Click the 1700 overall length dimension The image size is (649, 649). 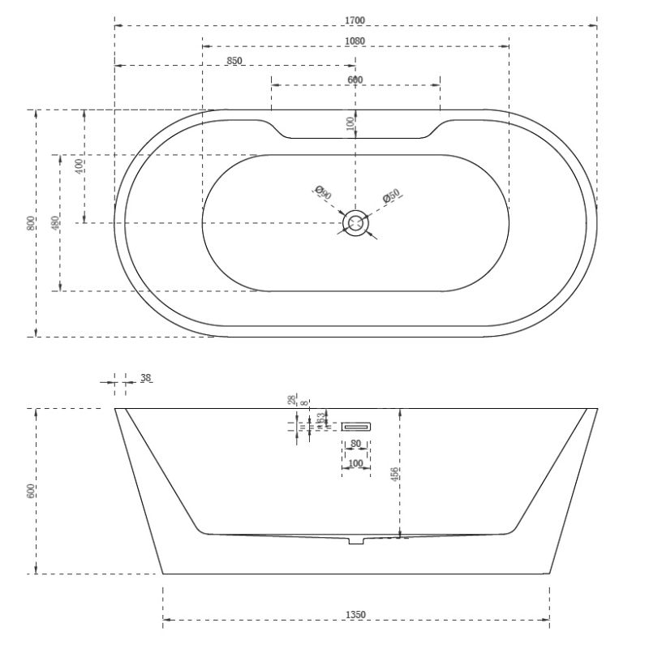(x=355, y=20)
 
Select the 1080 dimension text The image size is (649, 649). (x=355, y=41)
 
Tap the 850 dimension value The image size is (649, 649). (x=234, y=61)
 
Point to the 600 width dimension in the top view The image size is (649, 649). (x=355, y=80)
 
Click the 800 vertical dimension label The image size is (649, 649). (x=30, y=223)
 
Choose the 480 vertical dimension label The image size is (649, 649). (x=54, y=223)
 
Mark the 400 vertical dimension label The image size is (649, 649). (x=79, y=165)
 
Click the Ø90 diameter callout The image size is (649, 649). (x=321, y=193)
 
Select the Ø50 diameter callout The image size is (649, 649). (x=391, y=196)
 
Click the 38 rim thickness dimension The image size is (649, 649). (x=146, y=377)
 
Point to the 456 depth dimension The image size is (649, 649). (x=395, y=475)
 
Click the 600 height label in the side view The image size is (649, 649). (x=30, y=491)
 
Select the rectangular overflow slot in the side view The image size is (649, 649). (x=355, y=426)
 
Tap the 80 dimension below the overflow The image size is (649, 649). (x=355, y=445)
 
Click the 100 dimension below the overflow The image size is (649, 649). (x=355, y=464)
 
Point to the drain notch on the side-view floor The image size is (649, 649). (x=355, y=539)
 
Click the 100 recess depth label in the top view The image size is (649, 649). (x=350, y=123)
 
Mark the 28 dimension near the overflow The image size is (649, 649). (x=293, y=400)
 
